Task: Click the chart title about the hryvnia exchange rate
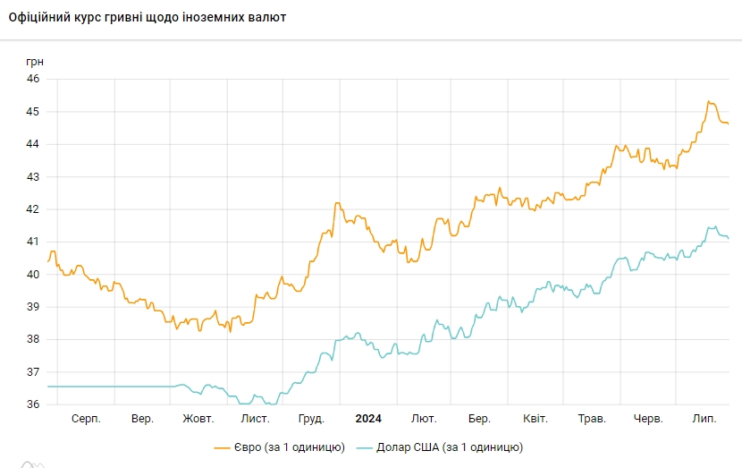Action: tap(148, 17)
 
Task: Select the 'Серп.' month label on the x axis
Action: tap(86, 419)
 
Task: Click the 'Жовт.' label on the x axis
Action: tap(198, 419)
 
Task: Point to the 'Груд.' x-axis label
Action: tap(311, 419)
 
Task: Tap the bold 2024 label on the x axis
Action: tap(368, 419)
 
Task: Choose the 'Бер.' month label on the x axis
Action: tap(479, 419)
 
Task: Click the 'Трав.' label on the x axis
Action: tap(592, 419)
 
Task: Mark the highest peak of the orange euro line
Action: tap(709, 102)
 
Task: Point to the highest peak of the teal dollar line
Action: tap(714, 226)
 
